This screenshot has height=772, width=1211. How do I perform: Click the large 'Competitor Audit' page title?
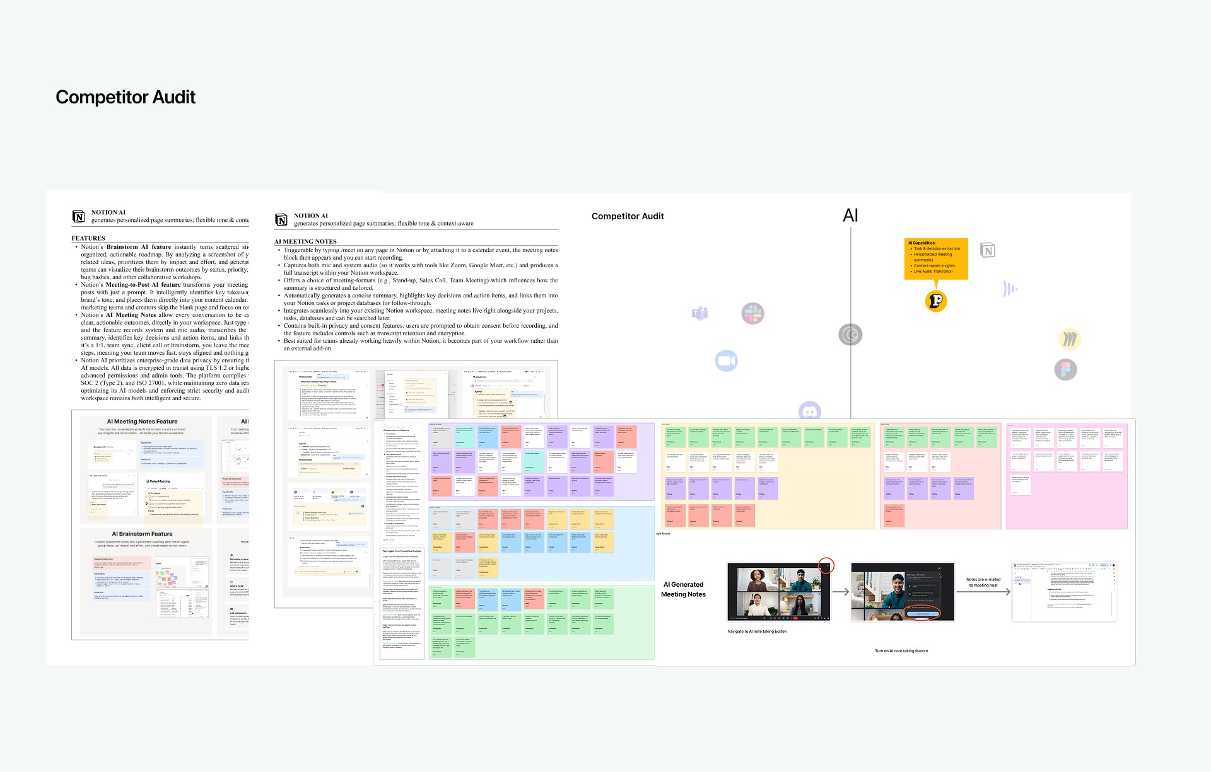(x=126, y=97)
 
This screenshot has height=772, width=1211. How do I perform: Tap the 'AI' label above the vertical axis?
(x=850, y=216)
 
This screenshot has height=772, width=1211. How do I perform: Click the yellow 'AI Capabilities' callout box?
(x=936, y=258)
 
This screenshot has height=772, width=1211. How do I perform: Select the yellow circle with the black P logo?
(x=936, y=301)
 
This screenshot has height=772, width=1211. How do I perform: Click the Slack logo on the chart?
(x=752, y=313)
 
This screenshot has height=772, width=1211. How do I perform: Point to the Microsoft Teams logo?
(x=699, y=313)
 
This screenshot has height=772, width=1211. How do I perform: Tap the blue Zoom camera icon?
(x=726, y=361)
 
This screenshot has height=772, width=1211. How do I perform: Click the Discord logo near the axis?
(x=809, y=411)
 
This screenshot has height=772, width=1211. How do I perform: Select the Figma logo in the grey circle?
(x=1065, y=370)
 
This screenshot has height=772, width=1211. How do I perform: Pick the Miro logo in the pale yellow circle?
(x=1069, y=339)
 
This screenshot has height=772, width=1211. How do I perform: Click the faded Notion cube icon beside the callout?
(x=988, y=251)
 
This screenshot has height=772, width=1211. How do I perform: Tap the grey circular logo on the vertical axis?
(x=850, y=335)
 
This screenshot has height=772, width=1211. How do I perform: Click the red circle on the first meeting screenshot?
(x=826, y=565)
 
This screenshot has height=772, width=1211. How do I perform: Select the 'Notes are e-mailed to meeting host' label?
(x=983, y=582)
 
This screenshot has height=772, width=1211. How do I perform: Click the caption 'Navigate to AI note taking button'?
(x=757, y=631)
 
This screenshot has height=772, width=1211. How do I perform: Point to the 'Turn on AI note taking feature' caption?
(x=901, y=651)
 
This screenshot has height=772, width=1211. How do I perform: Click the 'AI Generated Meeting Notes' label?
(x=683, y=589)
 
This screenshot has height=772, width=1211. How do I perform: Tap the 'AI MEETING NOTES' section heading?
(x=305, y=241)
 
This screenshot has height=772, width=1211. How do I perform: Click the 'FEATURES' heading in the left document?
(x=88, y=238)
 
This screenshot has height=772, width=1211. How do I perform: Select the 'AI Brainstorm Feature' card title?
(x=142, y=534)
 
